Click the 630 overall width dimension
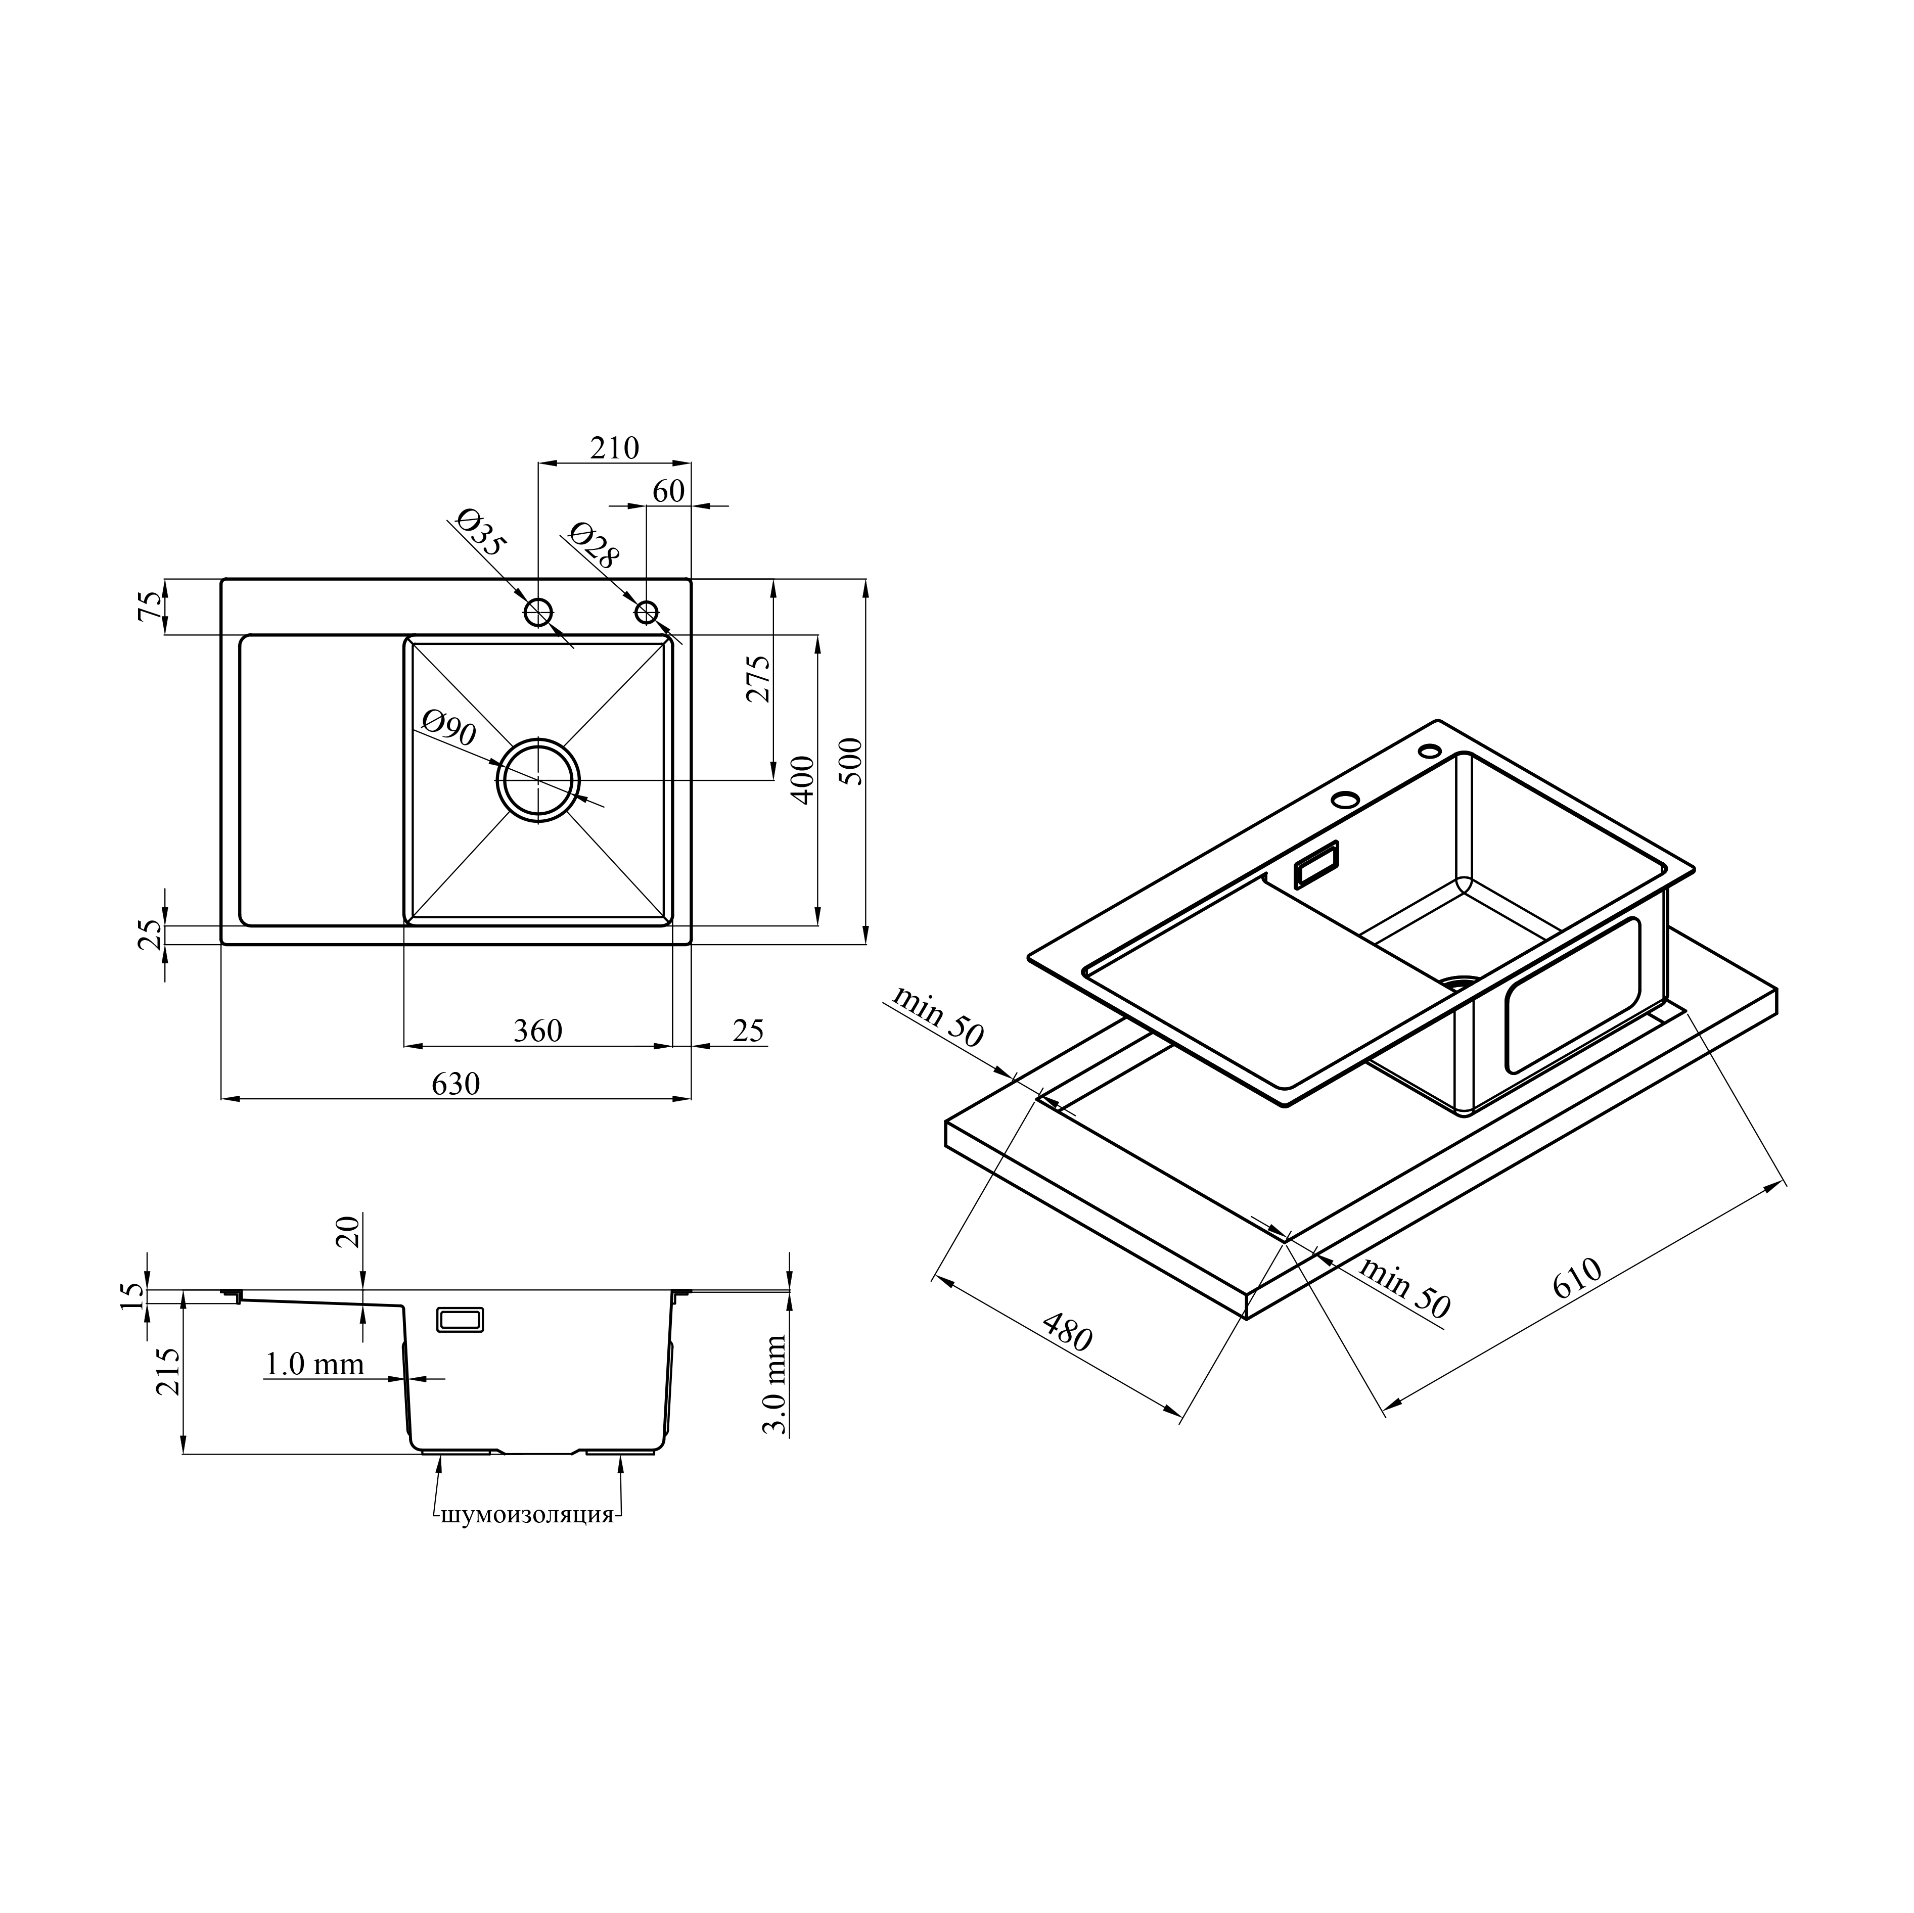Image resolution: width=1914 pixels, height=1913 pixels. point(455,1084)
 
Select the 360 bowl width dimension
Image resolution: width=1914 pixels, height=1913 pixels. point(538,1031)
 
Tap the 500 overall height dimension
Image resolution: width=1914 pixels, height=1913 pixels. point(852,761)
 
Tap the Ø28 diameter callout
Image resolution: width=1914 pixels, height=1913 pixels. point(593,545)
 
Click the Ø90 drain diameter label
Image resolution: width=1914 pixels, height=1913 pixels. point(448,728)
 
